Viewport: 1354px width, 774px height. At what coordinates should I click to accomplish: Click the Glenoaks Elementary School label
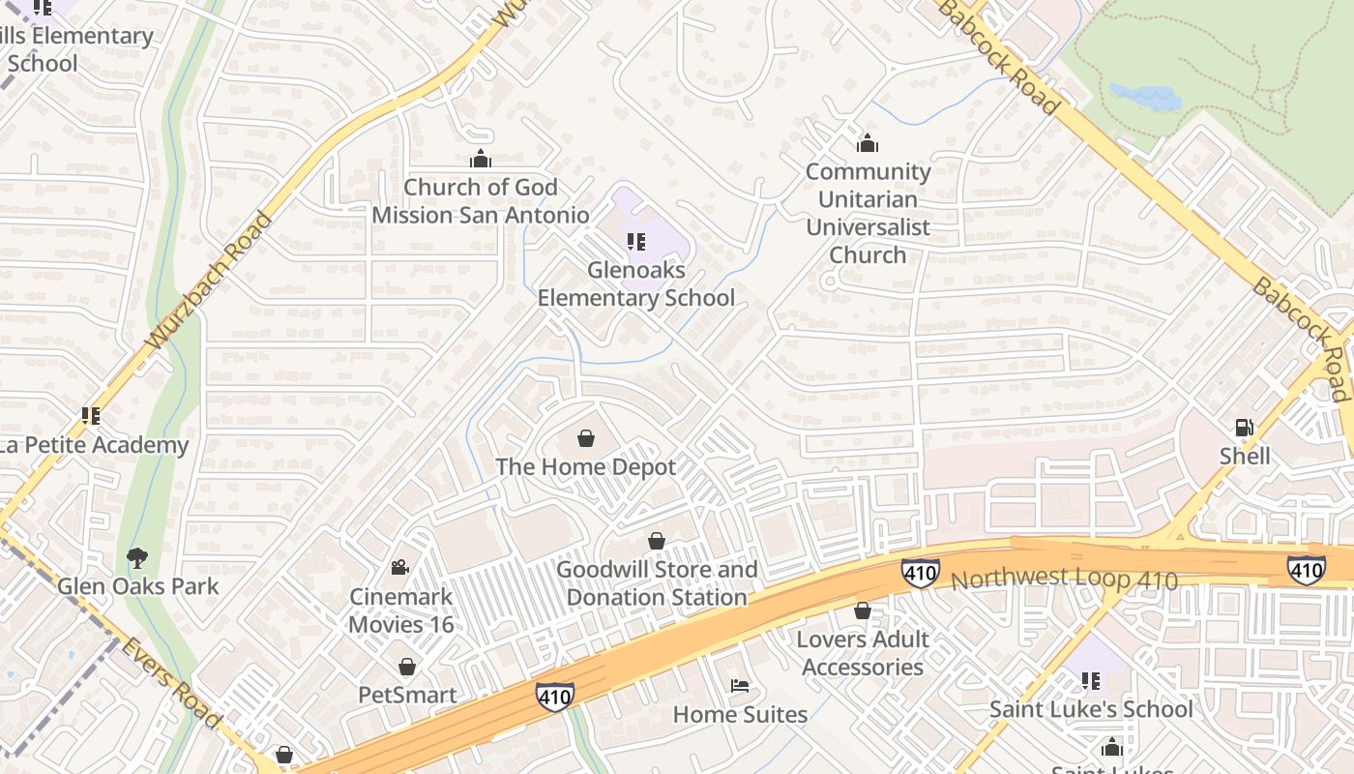pyautogui.click(x=635, y=284)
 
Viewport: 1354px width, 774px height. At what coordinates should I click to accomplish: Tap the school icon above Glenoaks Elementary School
pyautogui.click(x=635, y=242)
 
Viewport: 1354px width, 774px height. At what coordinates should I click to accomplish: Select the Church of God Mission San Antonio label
pyautogui.click(x=480, y=201)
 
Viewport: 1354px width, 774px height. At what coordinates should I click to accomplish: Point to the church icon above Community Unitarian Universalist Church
pyautogui.click(x=868, y=144)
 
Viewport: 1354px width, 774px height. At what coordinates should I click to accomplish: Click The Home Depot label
pyautogui.click(x=585, y=467)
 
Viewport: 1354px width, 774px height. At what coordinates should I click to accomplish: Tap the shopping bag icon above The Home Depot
pyautogui.click(x=585, y=439)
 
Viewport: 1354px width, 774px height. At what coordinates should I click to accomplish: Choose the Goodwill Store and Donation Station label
pyautogui.click(x=656, y=583)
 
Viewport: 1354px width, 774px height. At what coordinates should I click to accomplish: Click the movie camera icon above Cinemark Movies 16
pyautogui.click(x=399, y=568)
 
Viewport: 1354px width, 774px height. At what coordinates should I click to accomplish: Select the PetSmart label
pyautogui.click(x=407, y=695)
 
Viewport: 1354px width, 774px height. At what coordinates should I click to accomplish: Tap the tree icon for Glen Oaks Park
pyautogui.click(x=137, y=558)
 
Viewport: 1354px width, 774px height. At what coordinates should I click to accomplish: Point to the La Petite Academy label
pyautogui.click(x=94, y=445)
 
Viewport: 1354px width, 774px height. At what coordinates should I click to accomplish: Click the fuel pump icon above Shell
pyautogui.click(x=1244, y=428)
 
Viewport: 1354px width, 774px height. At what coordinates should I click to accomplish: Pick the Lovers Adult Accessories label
pyautogui.click(x=862, y=653)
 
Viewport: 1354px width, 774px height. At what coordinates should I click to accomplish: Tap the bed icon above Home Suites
pyautogui.click(x=739, y=686)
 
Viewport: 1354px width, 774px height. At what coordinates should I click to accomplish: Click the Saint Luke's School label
pyautogui.click(x=1090, y=709)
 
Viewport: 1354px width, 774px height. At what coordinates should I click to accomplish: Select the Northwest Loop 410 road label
pyautogui.click(x=1064, y=580)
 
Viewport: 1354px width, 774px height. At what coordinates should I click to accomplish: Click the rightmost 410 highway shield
pyautogui.click(x=1306, y=570)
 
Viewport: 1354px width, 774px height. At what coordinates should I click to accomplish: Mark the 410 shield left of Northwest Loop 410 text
pyautogui.click(x=919, y=573)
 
